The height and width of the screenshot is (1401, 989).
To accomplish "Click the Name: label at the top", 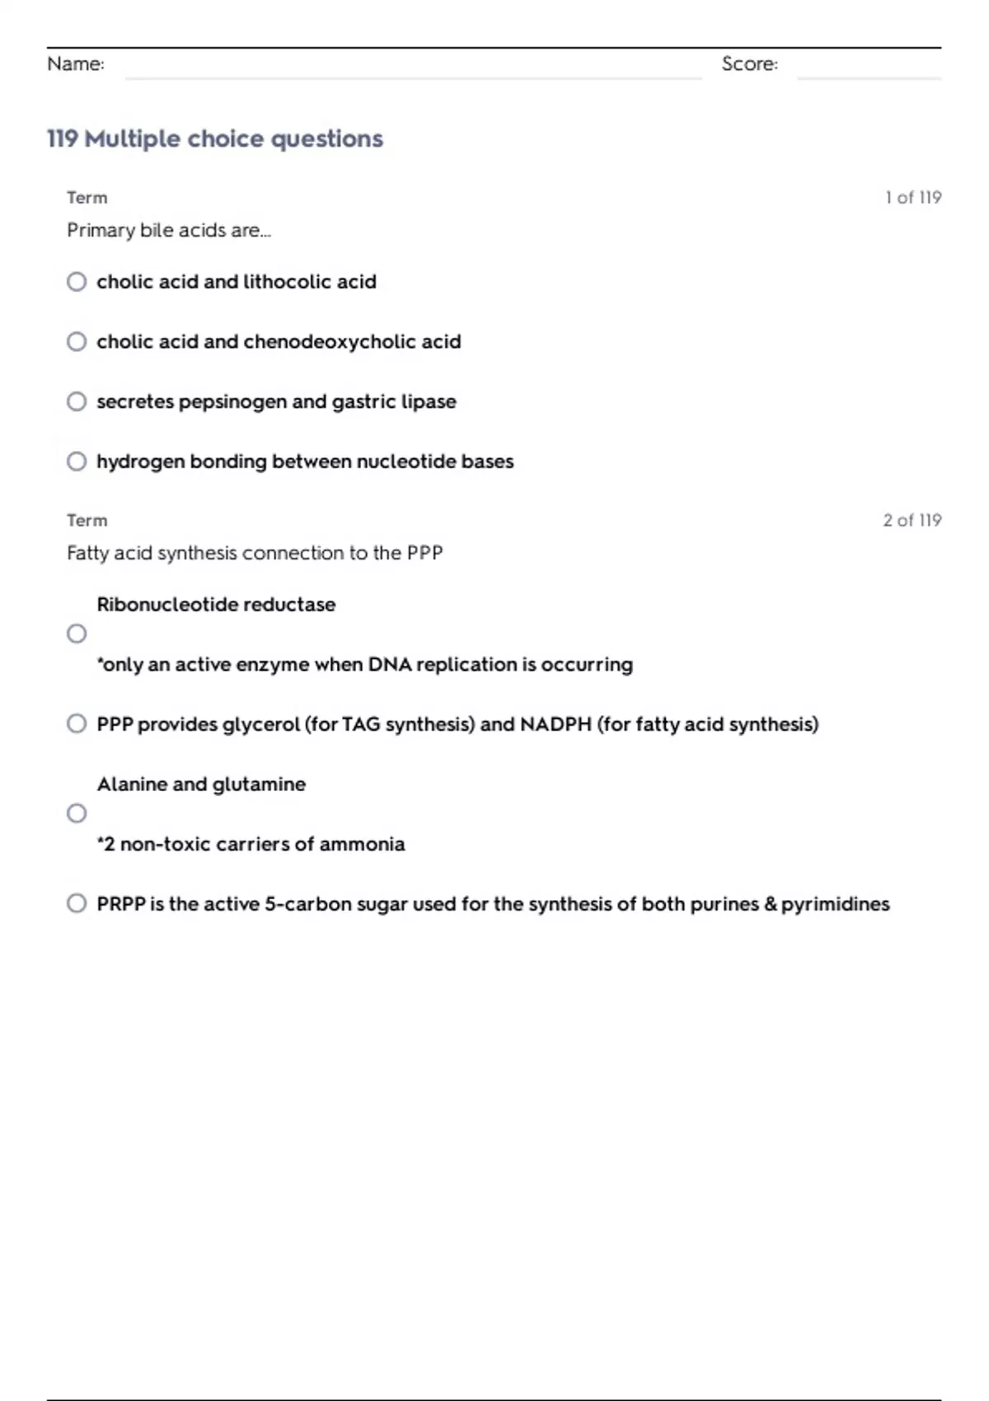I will [76, 64].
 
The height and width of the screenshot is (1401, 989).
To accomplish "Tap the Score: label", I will [749, 64].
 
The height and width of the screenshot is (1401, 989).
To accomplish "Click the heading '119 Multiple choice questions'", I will [215, 138].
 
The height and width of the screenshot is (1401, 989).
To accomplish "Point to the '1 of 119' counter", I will [913, 198].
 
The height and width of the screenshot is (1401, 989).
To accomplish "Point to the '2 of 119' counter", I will [912, 521].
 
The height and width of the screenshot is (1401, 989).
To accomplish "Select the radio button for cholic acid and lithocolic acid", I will [77, 282].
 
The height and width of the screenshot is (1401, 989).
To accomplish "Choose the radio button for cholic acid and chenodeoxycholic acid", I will [77, 342].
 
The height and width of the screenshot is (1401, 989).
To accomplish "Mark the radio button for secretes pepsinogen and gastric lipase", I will [77, 401].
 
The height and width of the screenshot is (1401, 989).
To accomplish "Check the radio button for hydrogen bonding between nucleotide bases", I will [77, 462].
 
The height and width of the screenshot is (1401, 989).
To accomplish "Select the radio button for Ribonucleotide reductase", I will [77, 634].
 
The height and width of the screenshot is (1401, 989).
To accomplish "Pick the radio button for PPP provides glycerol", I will [77, 724].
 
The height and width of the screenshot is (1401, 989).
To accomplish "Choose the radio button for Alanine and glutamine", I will [77, 813].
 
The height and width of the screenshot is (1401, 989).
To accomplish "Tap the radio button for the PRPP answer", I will [77, 903].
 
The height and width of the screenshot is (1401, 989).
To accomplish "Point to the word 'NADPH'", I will [555, 724].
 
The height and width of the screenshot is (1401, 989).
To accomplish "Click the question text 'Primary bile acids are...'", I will [169, 231].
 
